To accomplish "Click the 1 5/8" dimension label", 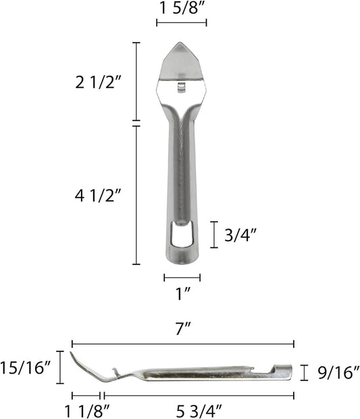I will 182,8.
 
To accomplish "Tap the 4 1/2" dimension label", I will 98,196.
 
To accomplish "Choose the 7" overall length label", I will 183,329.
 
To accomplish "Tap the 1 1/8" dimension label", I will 86,410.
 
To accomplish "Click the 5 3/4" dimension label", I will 199,410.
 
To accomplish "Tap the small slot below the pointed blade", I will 180,86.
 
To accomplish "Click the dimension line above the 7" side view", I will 183,343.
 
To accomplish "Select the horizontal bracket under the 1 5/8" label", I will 182,23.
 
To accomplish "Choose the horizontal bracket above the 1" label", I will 182,276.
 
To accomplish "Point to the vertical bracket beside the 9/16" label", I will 304,372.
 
